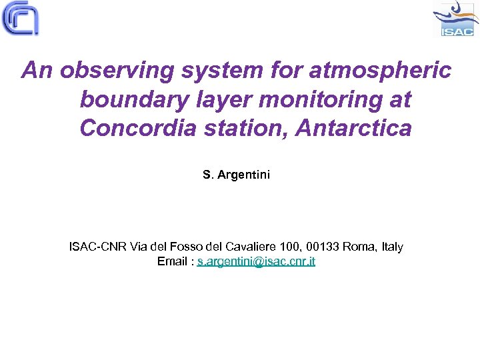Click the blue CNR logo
(21, 18)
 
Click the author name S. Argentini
(237, 175)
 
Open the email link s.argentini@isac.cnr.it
(257, 261)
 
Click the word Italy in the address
(392, 247)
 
